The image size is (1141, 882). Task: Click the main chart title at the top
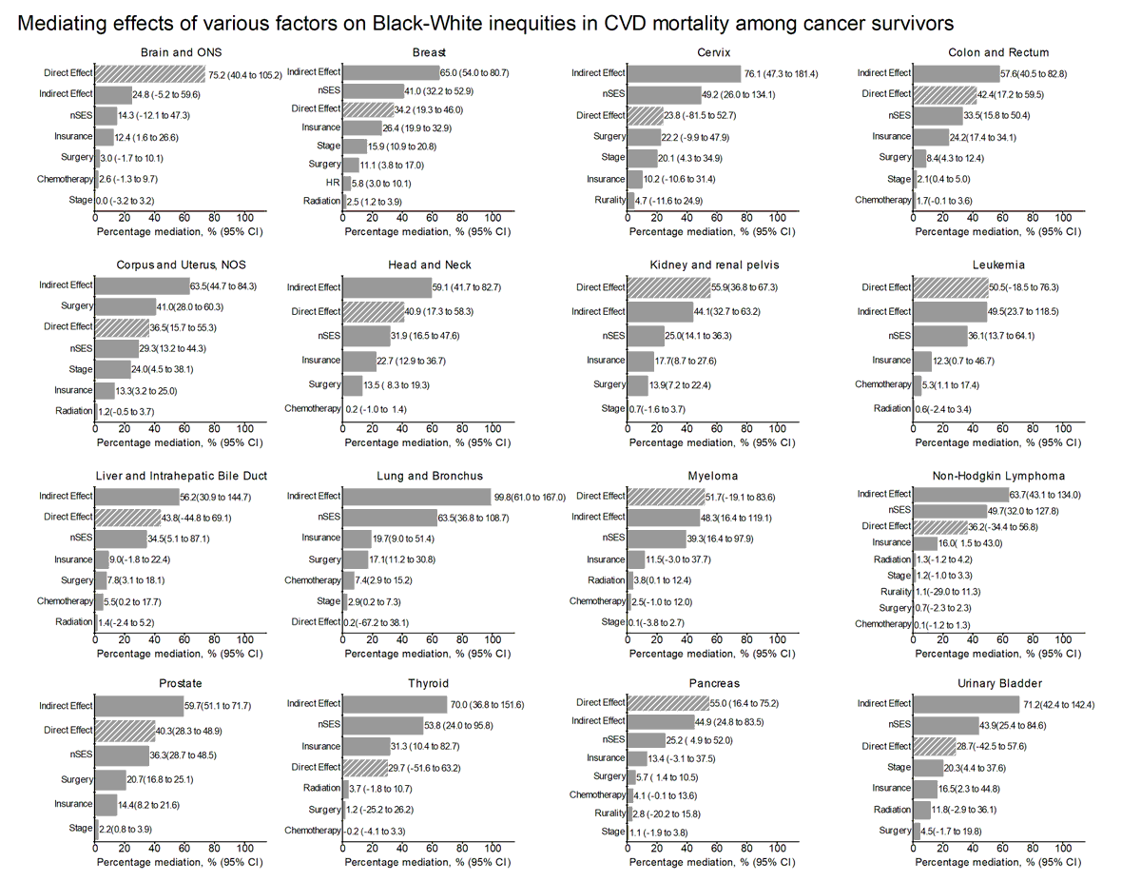pyautogui.click(x=486, y=22)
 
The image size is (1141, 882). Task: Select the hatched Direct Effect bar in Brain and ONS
pyautogui.click(x=150, y=73)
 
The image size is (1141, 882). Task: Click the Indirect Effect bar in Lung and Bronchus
pyautogui.click(x=416, y=497)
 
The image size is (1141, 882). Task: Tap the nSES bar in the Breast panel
pyautogui.click(x=373, y=91)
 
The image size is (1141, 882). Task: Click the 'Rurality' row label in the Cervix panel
pyautogui.click(x=608, y=200)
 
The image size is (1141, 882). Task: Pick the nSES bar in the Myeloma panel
pyautogui.click(x=657, y=539)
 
